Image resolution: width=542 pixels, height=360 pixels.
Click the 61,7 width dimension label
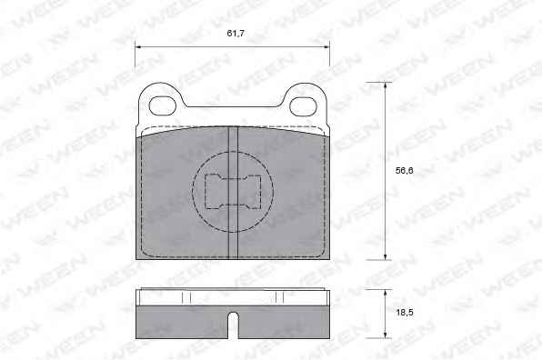click(x=236, y=34)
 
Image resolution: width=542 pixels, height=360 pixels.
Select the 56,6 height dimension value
click(x=405, y=170)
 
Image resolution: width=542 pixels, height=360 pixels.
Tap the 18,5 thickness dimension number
click(x=405, y=313)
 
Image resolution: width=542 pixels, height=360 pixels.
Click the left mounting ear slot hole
click(x=163, y=106)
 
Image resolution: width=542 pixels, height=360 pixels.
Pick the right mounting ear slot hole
click(x=303, y=106)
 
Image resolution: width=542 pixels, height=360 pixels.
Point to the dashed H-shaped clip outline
click(x=233, y=192)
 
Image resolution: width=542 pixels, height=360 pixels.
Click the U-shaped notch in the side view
click(x=234, y=325)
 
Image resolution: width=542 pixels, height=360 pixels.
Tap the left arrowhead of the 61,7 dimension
click(x=138, y=46)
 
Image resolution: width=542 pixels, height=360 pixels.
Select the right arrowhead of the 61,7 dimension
click(x=326, y=46)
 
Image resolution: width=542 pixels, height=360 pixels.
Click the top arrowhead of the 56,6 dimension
click(x=385, y=85)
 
